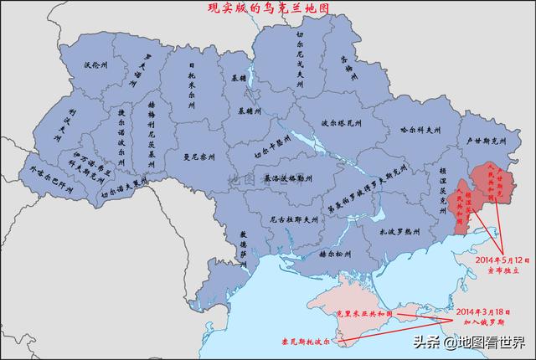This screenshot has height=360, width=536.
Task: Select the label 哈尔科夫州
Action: coord(415,131)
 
